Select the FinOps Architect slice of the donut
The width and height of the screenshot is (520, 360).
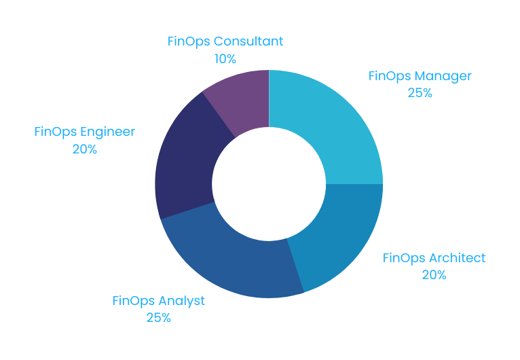tap(336, 238)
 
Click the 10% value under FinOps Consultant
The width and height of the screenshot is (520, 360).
tap(225, 58)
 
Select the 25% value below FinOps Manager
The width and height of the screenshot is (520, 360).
tap(420, 93)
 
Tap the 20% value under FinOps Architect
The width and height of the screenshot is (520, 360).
tap(434, 275)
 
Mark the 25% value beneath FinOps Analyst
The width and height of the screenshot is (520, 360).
tap(158, 317)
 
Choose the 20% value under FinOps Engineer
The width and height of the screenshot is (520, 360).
tap(85, 149)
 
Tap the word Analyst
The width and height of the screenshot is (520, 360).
tap(181, 300)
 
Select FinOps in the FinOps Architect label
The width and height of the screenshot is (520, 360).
tap(404, 258)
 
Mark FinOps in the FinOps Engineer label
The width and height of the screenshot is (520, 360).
tap(56, 132)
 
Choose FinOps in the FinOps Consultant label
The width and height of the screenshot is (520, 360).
tap(189, 41)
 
